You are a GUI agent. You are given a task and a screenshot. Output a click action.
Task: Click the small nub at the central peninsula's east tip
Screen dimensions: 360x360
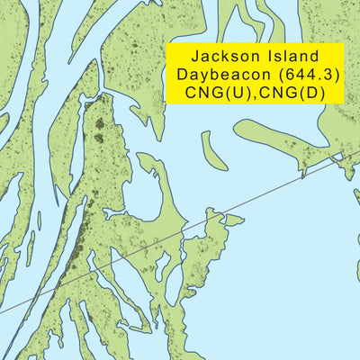coord(236,218)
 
